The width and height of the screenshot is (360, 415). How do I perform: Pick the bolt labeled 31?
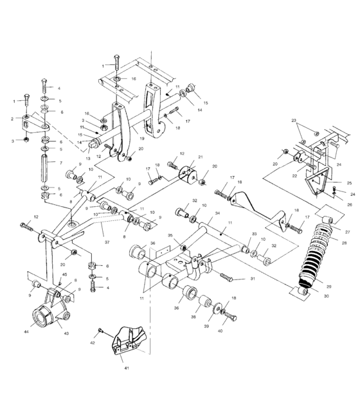click(x=226, y=276)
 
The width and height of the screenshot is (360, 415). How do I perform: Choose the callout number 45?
click(x=63, y=275)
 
